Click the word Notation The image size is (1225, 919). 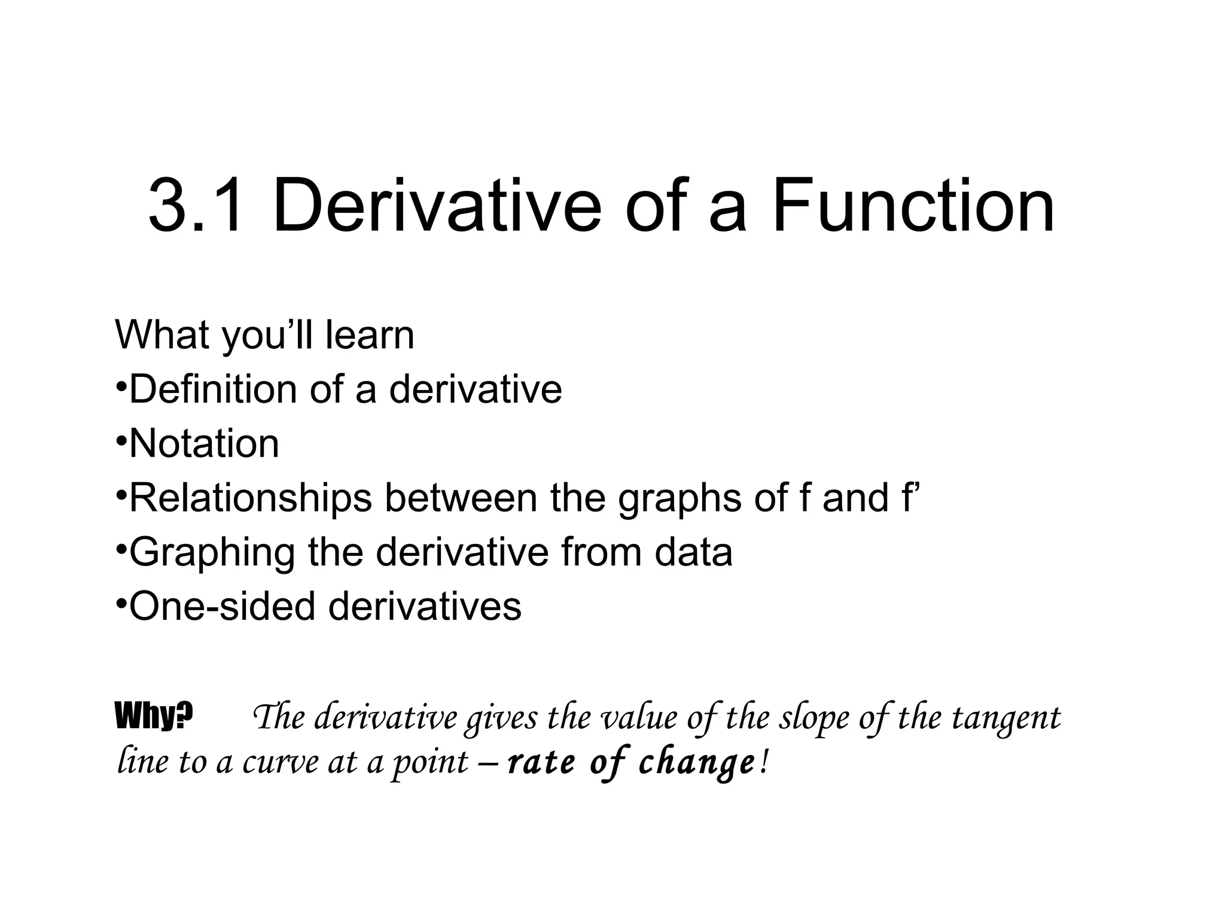point(204,443)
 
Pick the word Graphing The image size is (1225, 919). point(212,552)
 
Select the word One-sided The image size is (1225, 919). point(222,606)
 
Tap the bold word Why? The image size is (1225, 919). point(154,716)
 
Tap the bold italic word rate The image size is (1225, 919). point(541,763)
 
